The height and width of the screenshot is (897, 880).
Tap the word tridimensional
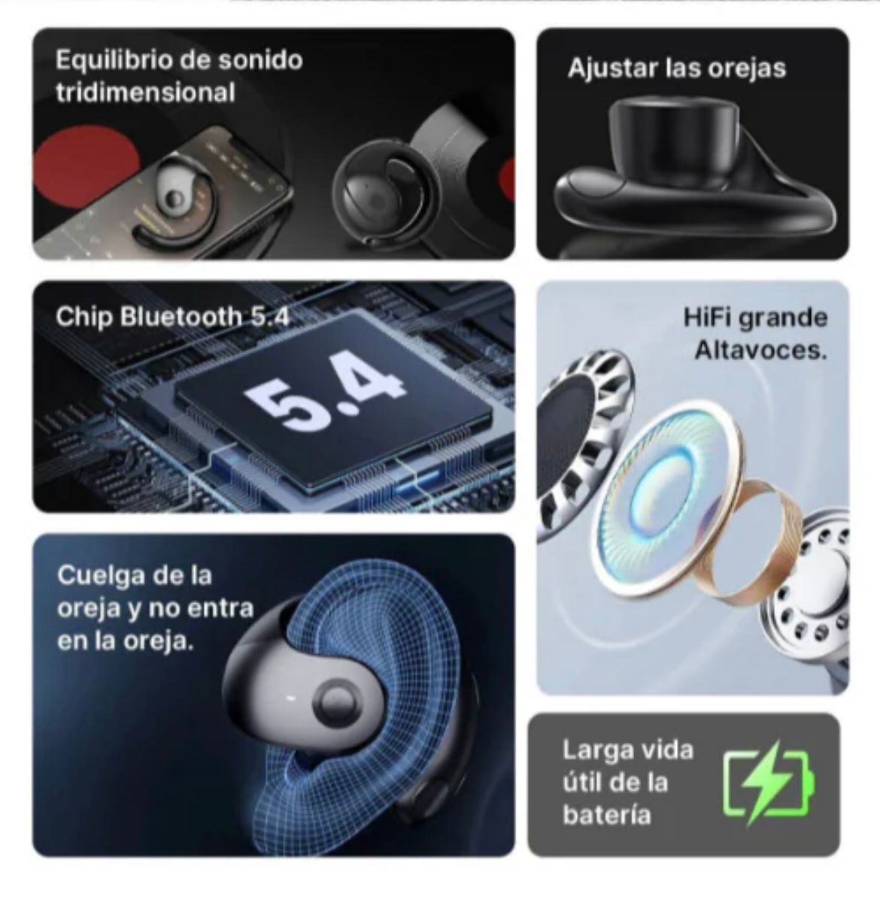pyautogui.click(x=145, y=92)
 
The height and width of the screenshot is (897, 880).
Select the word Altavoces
pyautogui.click(x=761, y=350)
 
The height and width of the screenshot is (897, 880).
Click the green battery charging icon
pyautogui.click(x=769, y=783)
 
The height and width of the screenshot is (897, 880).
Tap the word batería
pyautogui.click(x=606, y=814)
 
